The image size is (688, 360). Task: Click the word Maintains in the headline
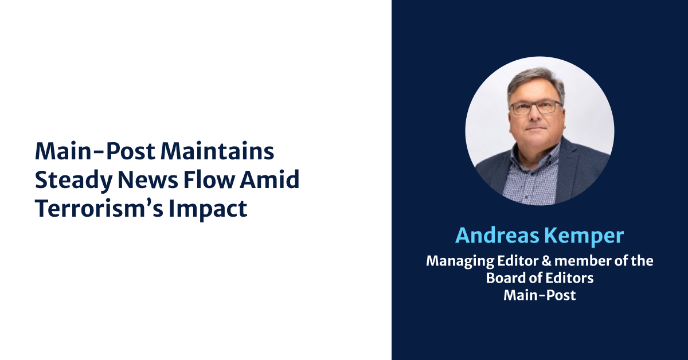[217, 151]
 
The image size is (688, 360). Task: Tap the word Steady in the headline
[74, 181]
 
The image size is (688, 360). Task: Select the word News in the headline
[148, 180]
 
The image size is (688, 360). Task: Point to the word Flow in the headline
[209, 179]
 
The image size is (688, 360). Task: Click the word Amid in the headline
[269, 179]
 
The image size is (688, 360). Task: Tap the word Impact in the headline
[208, 209]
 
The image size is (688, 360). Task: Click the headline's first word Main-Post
[95, 151]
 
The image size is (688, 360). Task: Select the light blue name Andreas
[497, 236]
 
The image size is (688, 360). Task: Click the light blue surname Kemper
[584, 236]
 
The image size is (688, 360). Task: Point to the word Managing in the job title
[460, 261]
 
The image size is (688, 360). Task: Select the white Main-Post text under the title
[540, 295]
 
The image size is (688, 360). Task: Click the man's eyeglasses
[535, 108]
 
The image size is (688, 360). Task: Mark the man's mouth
[535, 128]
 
